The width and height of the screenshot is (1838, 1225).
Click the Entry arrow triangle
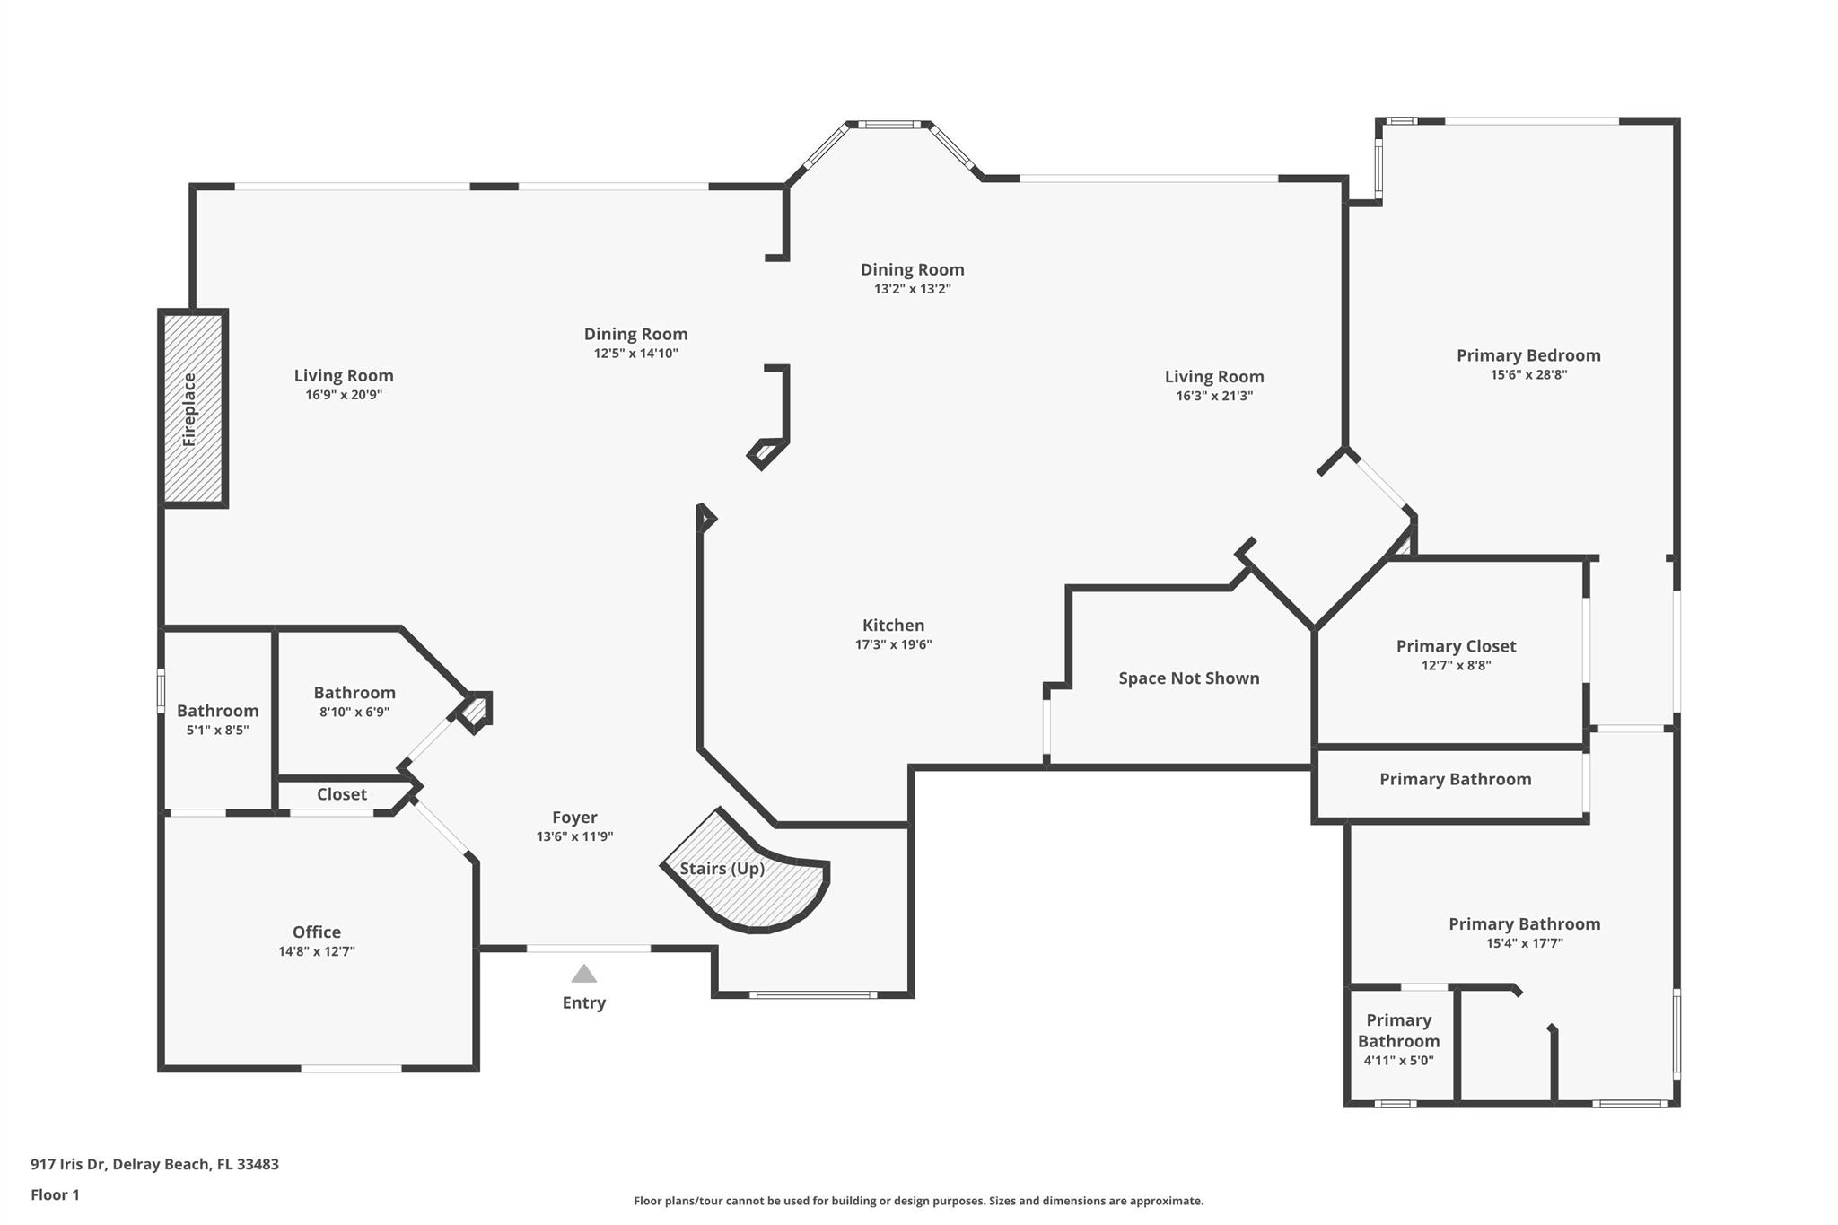point(584,974)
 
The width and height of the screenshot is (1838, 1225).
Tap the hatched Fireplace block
point(192,408)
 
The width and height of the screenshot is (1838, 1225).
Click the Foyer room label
point(574,818)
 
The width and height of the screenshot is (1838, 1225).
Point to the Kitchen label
point(893,626)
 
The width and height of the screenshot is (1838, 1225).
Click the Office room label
point(317,932)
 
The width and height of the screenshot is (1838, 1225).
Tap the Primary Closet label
point(1456,646)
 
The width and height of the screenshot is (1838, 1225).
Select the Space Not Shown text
point(1188,678)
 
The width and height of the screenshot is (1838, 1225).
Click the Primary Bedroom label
point(1528,355)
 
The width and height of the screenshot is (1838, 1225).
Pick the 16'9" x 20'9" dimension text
point(344,395)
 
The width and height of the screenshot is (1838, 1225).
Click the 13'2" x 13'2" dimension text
point(912,289)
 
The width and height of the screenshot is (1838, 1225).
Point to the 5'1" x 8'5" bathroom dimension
point(217,731)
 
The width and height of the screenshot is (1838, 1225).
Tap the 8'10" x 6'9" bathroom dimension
point(354,713)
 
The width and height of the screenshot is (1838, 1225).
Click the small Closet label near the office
point(341,794)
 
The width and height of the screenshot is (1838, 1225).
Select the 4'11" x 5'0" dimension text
point(1398,1061)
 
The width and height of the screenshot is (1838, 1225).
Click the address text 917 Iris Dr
point(154,1164)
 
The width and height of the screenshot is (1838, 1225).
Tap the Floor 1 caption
point(55,1194)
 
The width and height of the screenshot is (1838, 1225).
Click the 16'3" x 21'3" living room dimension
point(1214,396)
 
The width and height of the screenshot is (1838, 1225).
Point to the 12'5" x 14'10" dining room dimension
point(635,354)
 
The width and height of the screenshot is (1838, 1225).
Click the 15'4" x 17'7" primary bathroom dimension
point(1524,943)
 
